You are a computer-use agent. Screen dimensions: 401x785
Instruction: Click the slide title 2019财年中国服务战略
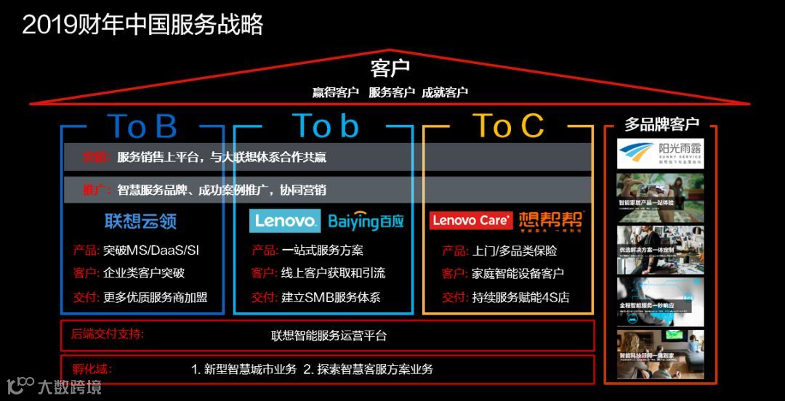142,25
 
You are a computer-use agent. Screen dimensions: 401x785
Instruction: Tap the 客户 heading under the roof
390,69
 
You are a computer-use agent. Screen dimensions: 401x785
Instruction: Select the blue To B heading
142,126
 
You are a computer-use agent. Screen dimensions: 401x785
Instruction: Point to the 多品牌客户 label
661,124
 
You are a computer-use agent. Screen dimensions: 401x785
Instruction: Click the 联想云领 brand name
140,221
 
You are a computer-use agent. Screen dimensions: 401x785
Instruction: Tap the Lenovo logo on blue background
285,221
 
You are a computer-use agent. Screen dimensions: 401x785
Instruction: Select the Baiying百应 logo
366,221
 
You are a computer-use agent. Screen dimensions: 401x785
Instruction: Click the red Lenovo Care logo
471,220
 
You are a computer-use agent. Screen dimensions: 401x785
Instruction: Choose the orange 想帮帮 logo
550,220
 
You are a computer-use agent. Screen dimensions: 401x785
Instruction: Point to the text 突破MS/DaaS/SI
151,251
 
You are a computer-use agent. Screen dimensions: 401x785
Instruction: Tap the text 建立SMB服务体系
331,297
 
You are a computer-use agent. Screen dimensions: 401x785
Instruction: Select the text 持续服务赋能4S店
520,297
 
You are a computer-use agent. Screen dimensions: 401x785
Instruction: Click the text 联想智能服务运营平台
329,336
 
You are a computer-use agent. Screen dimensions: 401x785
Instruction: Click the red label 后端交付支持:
108,334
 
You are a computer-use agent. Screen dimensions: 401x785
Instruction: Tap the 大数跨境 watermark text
70,386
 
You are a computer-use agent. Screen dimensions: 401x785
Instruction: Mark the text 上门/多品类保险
515,251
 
